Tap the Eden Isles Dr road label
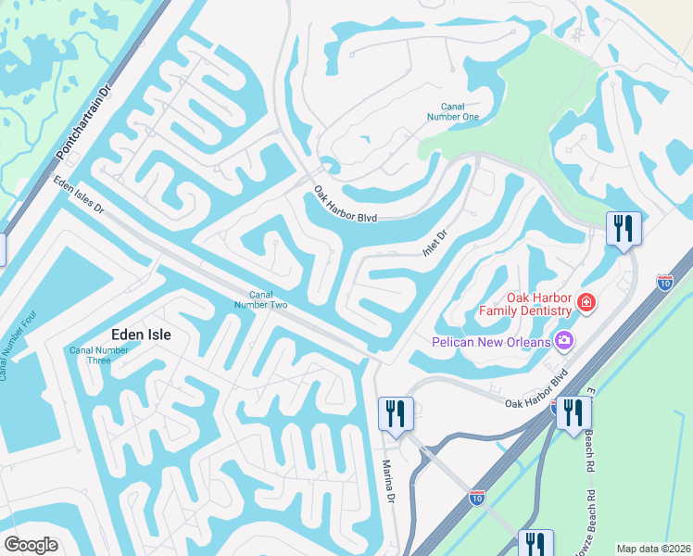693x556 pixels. [x=80, y=197]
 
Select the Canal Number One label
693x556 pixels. [x=453, y=111]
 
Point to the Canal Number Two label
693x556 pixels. [x=254, y=298]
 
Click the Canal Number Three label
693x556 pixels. [x=99, y=355]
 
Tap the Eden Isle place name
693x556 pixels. [x=143, y=335]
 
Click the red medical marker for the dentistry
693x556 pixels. [x=586, y=301]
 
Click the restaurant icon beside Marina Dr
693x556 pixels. [x=396, y=412]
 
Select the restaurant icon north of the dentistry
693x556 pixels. [x=624, y=227]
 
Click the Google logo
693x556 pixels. [x=31, y=545]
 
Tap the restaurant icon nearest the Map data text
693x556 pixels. [x=535, y=543]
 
